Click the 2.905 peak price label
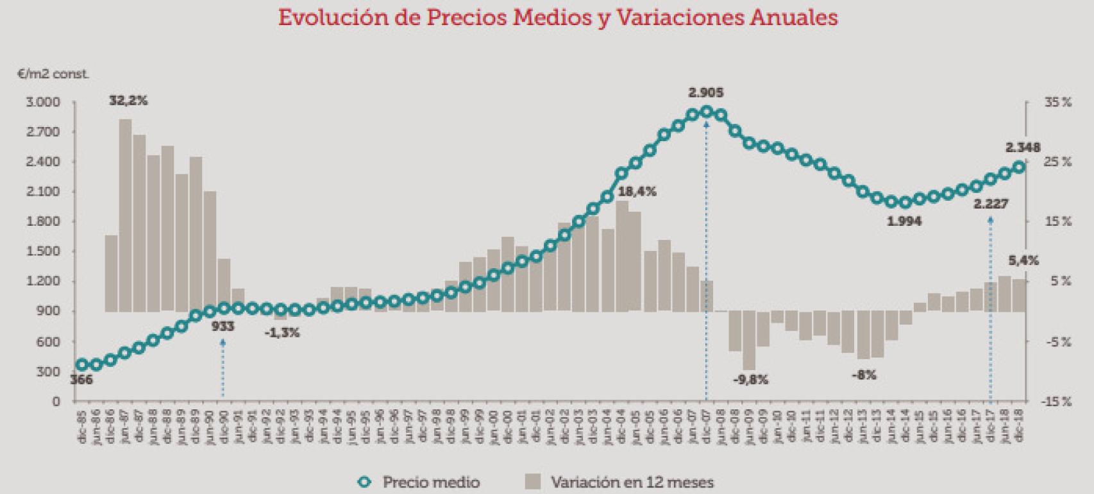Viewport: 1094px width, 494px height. click(x=705, y=92)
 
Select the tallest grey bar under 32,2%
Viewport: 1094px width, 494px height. click(x=126, y=215)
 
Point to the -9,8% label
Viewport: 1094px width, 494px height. click(x=750, y=379)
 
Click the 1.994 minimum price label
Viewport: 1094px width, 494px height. click(x=904, y=221)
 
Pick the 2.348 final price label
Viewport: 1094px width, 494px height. click(x=1022, y=148)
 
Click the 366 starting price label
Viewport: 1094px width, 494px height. click(x=81, y=380)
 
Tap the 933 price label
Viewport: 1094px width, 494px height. click(x=223, y=326)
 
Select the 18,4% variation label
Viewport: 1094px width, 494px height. click(x=637, y=191)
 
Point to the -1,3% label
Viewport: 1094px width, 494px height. click(x=283, y=333)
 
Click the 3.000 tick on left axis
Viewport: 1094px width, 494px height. click(x=42, y=102)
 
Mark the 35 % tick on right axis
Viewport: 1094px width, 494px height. click(x=1057, y=102)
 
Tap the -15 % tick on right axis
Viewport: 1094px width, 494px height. click(x=1056, y=402)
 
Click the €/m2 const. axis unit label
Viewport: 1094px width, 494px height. click(x=54, y=74)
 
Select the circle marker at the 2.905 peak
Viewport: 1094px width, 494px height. click(x=707, y=112)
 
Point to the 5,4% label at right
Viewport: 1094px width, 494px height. click(x=1023, y=260)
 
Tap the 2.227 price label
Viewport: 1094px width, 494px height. click(x=990, y=204)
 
